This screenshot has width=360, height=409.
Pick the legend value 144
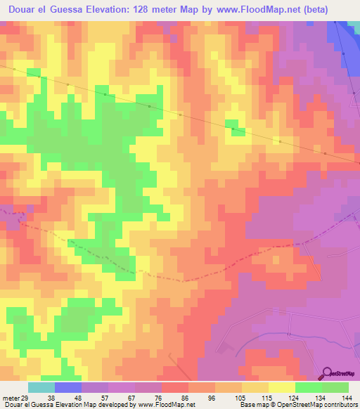[x=347, y=398]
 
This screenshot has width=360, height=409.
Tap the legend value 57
[x=108, y=398]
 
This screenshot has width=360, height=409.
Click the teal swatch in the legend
[x=41, y=387]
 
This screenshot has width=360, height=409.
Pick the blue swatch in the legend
[x=68, y=387]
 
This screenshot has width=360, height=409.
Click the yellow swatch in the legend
[x=281, y=387]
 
